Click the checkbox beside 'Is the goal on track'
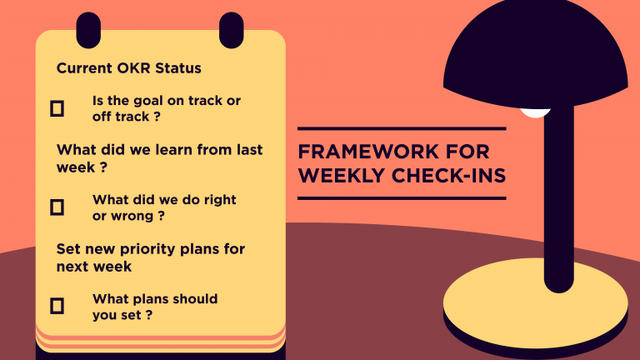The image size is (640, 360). click(57, 108)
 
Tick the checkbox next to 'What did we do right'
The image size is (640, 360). click(57, 207)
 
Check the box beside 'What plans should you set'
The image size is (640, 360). click(57, 306)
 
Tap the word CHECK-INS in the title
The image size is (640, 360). click(448, 176)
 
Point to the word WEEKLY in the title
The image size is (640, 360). click(342, 176)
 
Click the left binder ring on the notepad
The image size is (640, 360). click(88, 30)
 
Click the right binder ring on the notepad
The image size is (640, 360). click(232, 30)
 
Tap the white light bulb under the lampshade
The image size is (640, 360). click(535, 112)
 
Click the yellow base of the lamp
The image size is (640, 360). click(536, 302)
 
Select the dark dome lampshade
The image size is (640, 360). click(536, 54)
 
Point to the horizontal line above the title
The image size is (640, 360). click(402, 128)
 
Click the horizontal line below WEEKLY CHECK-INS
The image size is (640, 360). click(402, 198)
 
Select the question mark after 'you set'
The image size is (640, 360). click(149, 315)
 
